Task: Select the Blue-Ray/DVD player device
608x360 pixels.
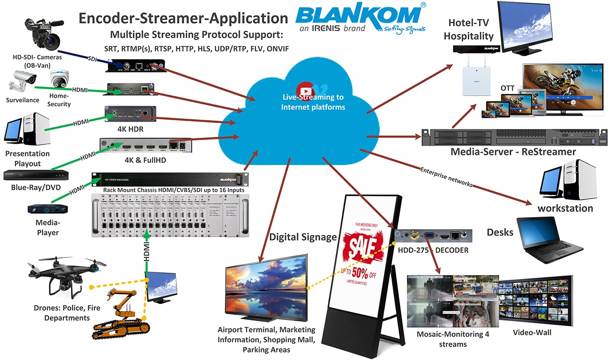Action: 36,175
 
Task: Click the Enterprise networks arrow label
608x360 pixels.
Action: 446,177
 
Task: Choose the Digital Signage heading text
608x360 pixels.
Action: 303,238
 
